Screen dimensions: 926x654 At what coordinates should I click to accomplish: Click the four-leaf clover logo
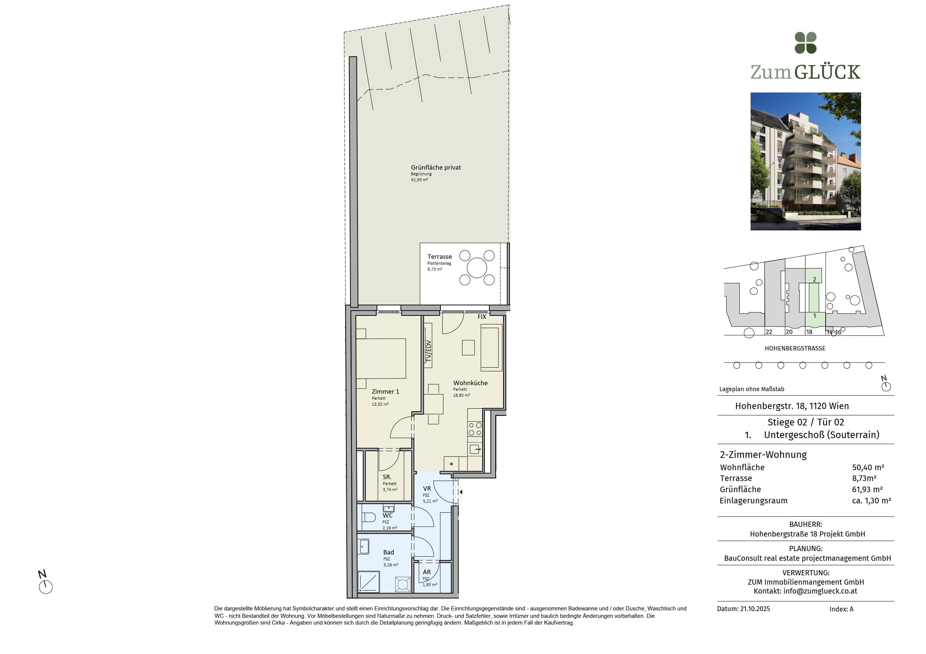pyautogui.click(x=805, y=43)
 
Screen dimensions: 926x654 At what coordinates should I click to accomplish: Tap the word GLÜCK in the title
pyautogui.click(x=827, y=72)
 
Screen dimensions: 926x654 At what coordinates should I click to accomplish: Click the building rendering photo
pyautogui.click(x=805, y=161)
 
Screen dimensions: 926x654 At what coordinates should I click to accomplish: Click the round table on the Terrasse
pyautogui.click(x=477, y=268)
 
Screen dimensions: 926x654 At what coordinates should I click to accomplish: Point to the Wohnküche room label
pyautogui.click(x=470, y=383)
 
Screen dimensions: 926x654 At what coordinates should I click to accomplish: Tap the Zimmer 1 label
pyautogui.click(x=385, y=392)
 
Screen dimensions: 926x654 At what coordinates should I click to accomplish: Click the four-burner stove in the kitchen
pyautogui.click(x=475, y=429)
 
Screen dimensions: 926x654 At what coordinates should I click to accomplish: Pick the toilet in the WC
pyautogui.click(x=369, y=517)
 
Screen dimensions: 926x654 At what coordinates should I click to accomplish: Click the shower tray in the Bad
pyautogui.click(x=369, y=582)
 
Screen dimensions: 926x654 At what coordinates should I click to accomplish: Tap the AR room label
pyautogui.click(x=427, y=572)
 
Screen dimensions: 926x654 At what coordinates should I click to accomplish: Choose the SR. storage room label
pyautogui.click(x=387, y=477)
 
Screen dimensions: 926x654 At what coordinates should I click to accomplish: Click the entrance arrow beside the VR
pyautogui.click(x=461, y=492)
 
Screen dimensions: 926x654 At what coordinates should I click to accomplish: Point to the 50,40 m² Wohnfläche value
pyautogui.click(x=868, y=468)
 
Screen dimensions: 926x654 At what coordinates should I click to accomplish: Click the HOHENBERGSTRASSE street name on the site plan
pyautogui.click(x=795, y=349)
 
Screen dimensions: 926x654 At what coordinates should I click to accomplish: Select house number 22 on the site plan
pyautogui.click(x=769, y=332)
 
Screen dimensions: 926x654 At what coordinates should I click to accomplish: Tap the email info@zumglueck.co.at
pyautogui.click(x=820, y=591)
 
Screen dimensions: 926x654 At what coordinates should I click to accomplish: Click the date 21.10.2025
pyautogui.click(x=755, y=609)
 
